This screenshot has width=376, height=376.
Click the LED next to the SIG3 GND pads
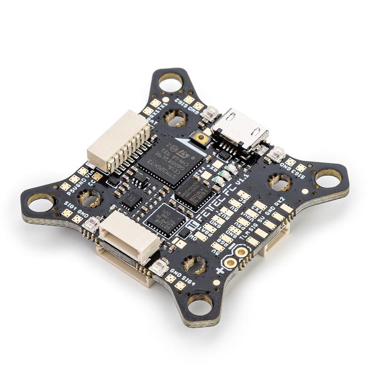pos(277,153)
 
